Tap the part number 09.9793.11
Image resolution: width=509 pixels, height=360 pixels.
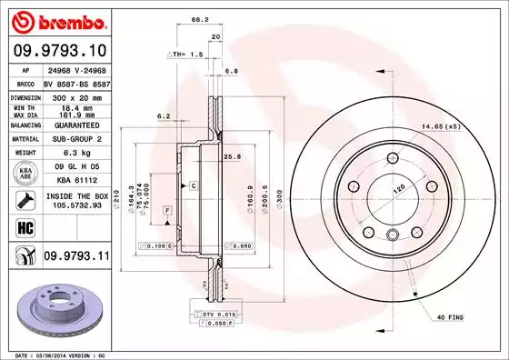pos(75,257)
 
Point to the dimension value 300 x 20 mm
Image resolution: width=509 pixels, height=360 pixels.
pos(73,95)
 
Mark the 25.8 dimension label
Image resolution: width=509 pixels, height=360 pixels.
pos(232,156)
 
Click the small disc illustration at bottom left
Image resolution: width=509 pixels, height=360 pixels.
pos(55,305)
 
